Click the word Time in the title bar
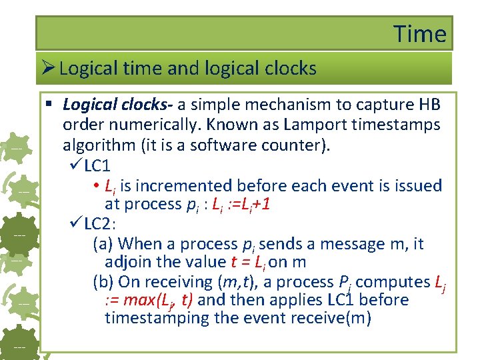click(x=419, y=33)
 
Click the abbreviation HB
click(x=427, y=105)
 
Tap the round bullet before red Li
click(x=97, y=186)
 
